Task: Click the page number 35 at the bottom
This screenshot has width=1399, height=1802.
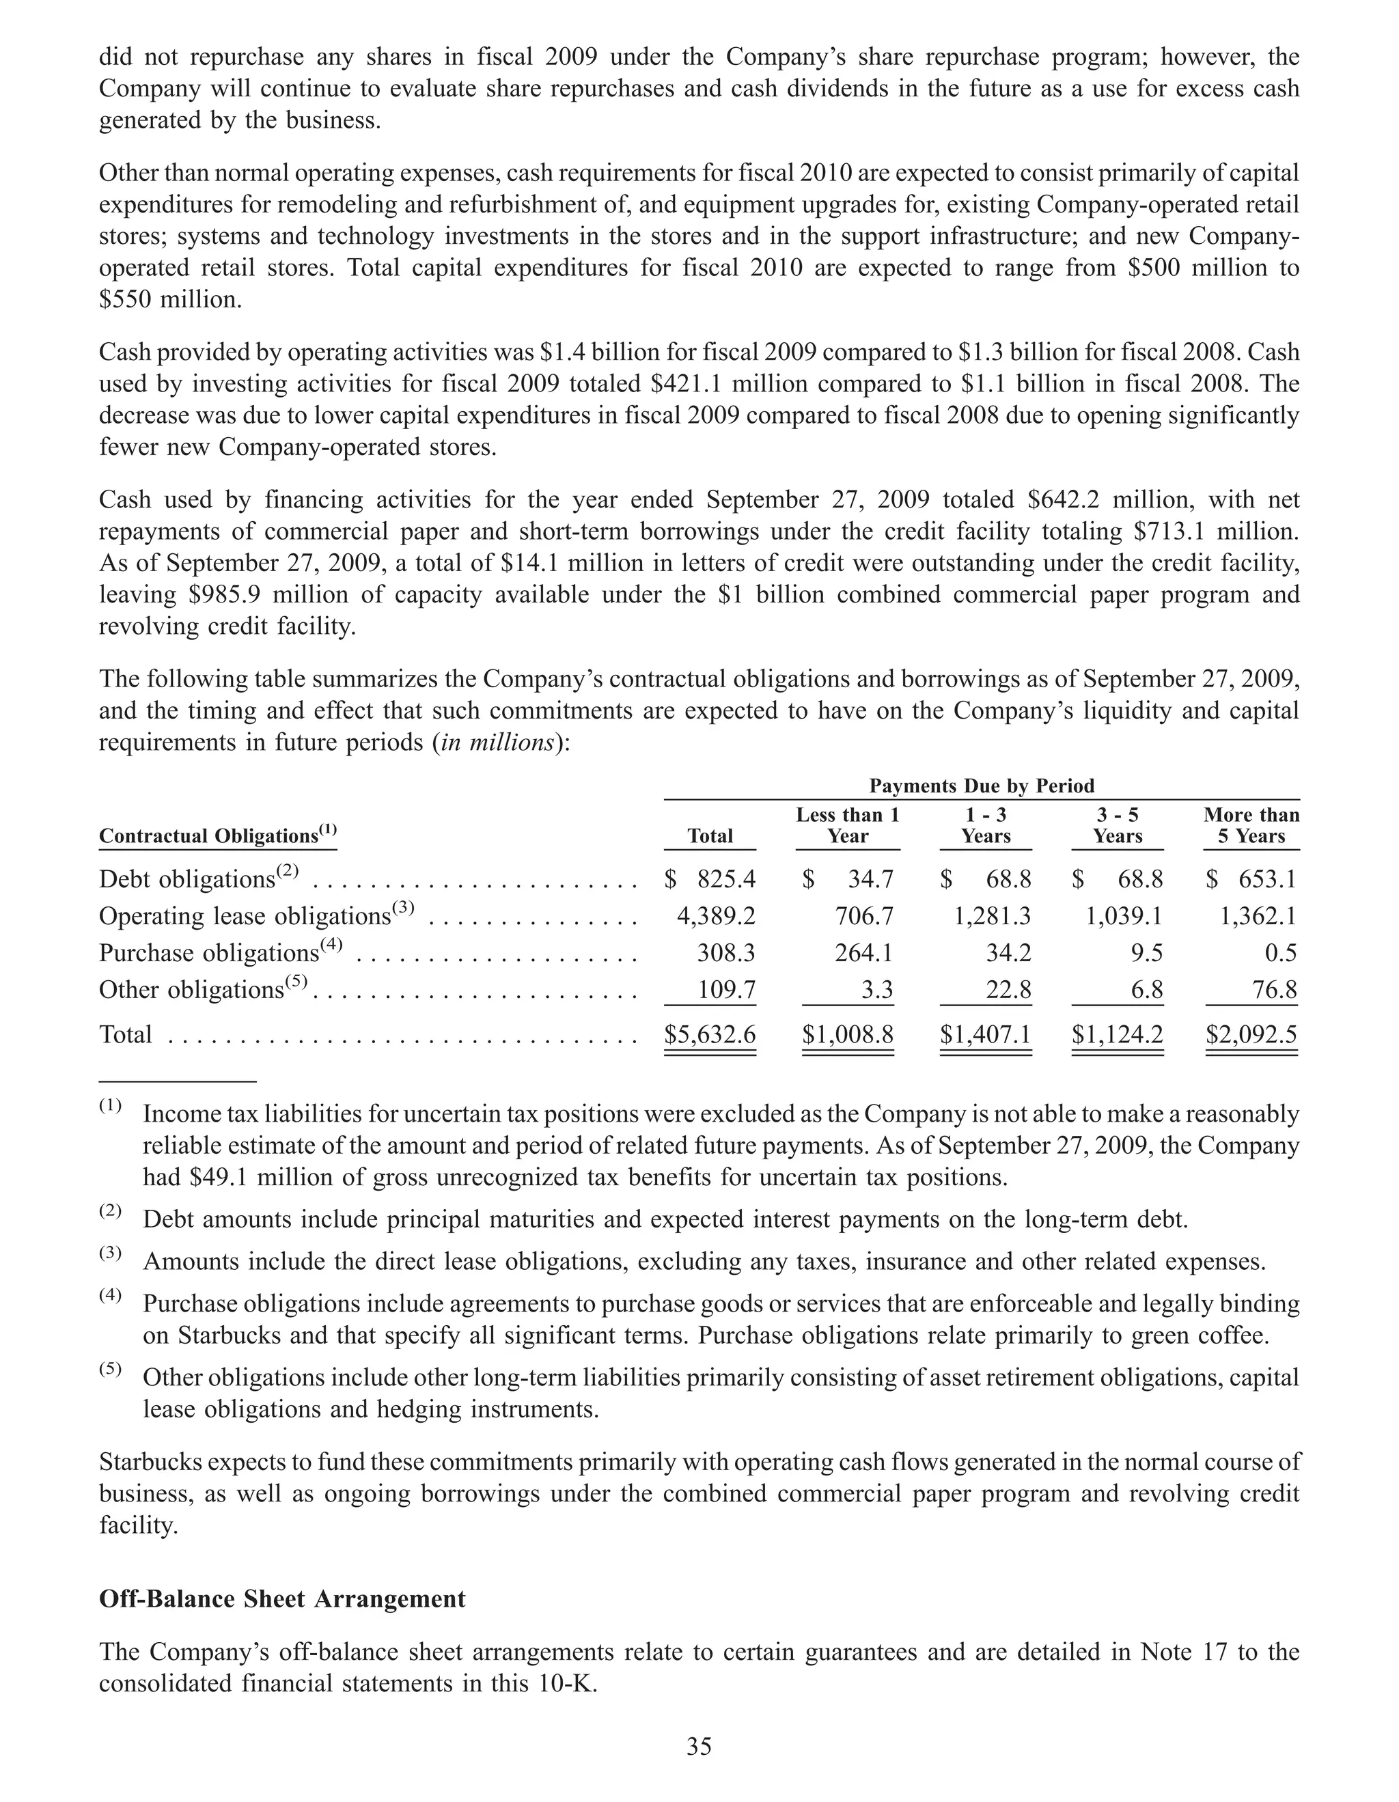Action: (699, 1746)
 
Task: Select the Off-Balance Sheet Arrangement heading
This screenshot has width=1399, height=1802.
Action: (282, 1598)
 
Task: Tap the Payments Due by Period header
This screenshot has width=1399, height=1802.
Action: (981, 786)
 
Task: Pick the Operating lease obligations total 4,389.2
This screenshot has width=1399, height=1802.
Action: (716, 916)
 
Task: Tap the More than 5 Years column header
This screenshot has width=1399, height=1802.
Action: (1251, 825)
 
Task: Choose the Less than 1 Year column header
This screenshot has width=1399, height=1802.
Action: (847, 825)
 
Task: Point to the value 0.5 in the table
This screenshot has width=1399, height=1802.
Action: (1280, 953)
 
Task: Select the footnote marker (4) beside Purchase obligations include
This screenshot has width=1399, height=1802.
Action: (111, 1294)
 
